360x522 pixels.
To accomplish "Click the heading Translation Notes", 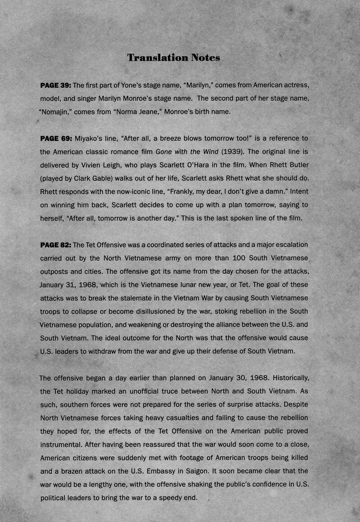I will click(x=173, y=58).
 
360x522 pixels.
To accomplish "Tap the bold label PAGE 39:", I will click(x=56, y=85).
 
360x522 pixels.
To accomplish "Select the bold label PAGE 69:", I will click(x=56, y=138).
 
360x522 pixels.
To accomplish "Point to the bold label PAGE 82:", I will click(x=56, y=245).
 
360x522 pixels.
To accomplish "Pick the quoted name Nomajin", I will click(x=55, y=112).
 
